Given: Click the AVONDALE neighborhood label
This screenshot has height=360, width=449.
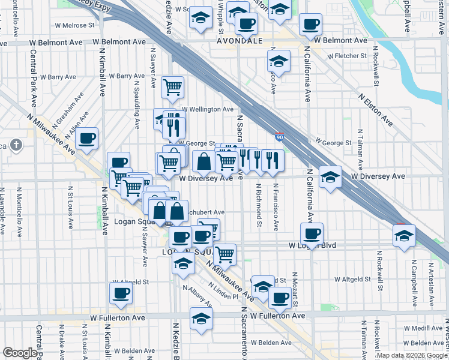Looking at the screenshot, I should (240, 41).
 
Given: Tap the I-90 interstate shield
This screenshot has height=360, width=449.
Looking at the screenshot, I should (280, 137).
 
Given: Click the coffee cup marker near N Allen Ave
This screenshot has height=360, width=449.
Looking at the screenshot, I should (88, 139).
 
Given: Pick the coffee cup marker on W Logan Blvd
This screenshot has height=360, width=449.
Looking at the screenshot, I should (312, 234).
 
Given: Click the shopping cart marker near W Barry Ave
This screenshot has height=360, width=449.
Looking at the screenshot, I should (173, 87).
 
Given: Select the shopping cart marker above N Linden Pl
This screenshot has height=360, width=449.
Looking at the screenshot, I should (225, 254).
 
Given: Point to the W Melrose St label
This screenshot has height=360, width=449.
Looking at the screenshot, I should (75, 26).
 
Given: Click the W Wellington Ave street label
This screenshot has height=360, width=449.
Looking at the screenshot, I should (207, 109).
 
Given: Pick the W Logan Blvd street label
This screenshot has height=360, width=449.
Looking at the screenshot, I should (312, 245).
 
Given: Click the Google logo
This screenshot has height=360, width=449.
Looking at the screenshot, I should (20, 353).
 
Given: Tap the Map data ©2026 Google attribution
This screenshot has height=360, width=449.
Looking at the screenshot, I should (411, 355).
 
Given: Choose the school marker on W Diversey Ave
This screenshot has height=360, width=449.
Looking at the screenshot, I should (330, 178).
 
